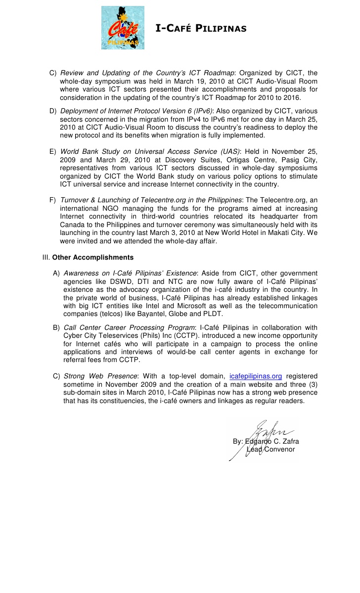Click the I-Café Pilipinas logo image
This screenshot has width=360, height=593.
123,28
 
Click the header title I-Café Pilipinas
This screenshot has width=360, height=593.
201,28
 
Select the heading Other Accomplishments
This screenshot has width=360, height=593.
92,257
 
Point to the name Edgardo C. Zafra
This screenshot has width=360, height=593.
272,441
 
